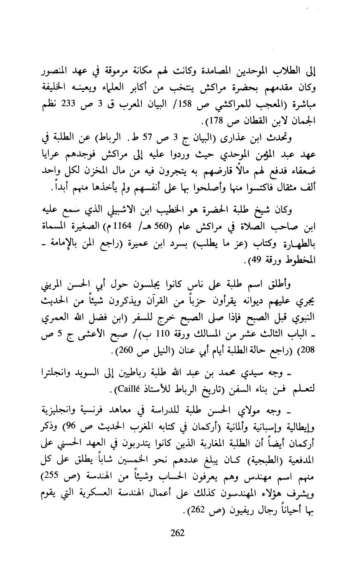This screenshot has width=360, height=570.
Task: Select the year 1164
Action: [122, 228]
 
